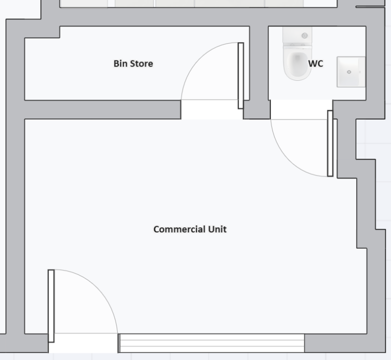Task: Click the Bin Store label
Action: coord(133,64)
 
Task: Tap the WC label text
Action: coord(316,64)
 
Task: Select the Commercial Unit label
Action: coord(190,229)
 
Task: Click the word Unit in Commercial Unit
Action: coord(217,229)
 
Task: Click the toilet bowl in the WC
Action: coord(297,64)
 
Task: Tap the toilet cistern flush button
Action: coord(304,36)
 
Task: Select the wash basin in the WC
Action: coord(351,72)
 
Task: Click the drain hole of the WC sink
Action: coord(349,72)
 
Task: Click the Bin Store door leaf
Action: coord(241,76)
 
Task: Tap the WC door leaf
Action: coord(330,143)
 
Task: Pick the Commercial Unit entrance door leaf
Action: coord(51,306)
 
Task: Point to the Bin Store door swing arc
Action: coord(197,58)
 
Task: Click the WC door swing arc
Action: coord(287,160)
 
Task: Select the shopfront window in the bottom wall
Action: coord(211,343)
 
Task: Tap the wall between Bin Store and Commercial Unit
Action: coord(103,109)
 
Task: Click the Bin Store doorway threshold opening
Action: coord(212,109)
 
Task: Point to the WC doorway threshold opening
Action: coord(301,109)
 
